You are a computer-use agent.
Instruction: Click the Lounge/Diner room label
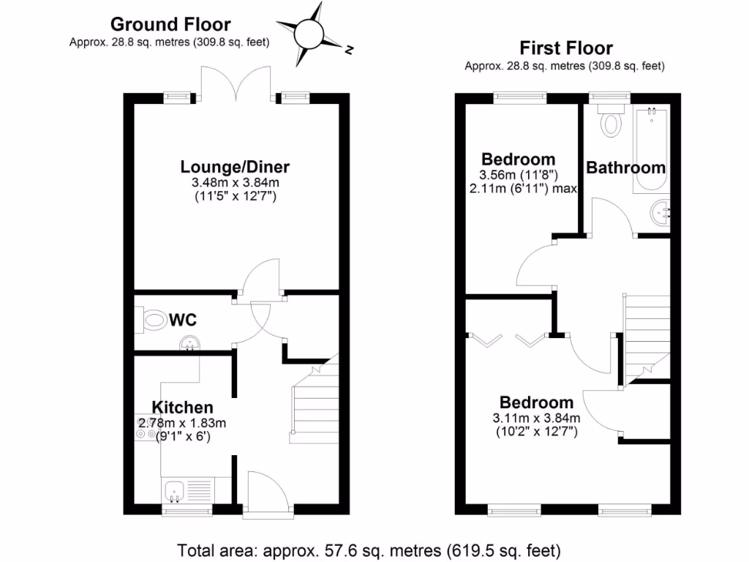click(236, 167)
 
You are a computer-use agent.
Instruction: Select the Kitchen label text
click(183, 408)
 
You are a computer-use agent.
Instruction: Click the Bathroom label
click(626, 168)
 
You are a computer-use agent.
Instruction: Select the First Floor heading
click(565, 48)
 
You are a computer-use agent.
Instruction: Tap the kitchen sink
click(175, 490)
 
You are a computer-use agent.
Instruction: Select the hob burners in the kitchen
click(144, 433)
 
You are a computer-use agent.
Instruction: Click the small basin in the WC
click(192, 342)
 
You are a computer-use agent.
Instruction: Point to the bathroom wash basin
click(659, 213)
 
